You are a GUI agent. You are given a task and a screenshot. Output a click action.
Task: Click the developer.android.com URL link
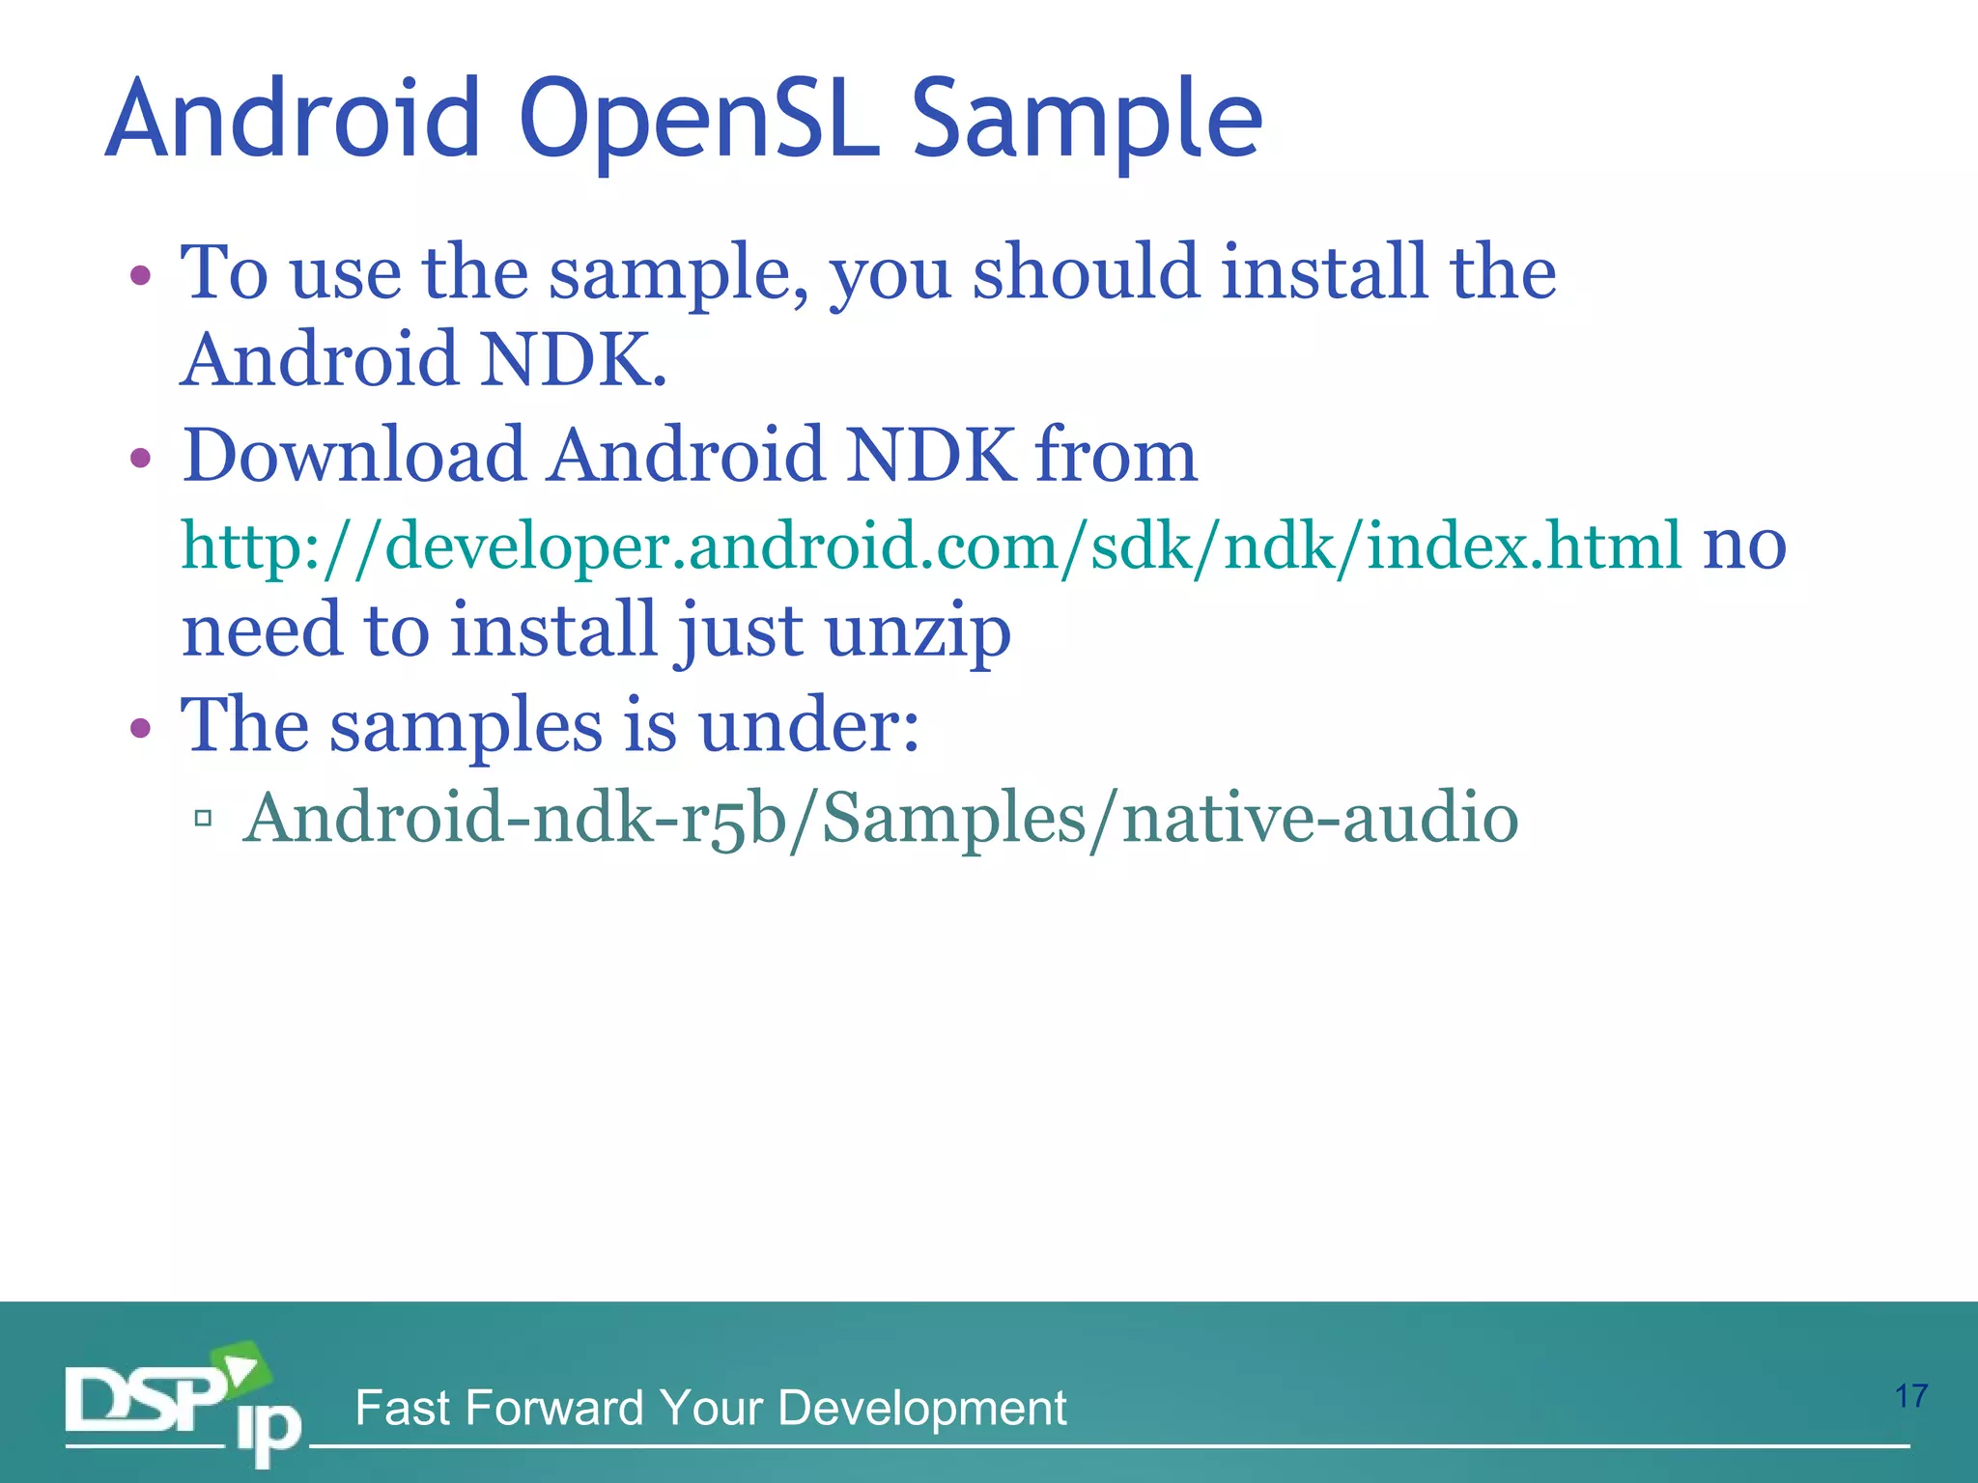coord(932,546)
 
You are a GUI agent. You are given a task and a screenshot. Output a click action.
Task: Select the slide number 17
coord(1910,1396)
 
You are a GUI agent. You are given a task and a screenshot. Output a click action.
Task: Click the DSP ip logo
coord(183,1406)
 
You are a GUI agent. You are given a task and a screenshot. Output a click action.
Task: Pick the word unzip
coord(918,630)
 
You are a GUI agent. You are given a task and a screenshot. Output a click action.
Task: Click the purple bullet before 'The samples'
coord(141,728)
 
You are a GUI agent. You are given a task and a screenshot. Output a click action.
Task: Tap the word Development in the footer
coord(921,1408)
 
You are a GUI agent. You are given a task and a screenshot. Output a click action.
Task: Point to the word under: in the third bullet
coord(808,726)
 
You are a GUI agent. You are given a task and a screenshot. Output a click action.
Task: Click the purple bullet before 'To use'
coord(141,275)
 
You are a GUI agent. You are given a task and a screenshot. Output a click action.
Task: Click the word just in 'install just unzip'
coord(739,630)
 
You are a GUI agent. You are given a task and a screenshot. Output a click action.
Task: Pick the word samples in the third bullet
coord(466,726)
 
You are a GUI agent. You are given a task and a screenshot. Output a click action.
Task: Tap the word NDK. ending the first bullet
coord(574,359)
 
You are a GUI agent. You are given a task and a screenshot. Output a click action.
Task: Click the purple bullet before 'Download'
coord(141,458)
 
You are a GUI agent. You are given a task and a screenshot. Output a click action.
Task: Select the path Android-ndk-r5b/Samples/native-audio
coord(880,819)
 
